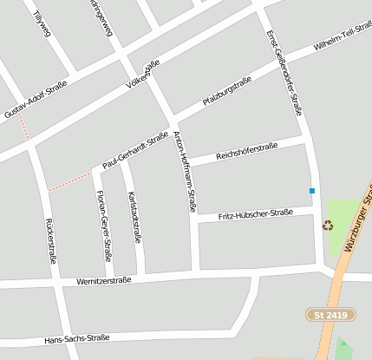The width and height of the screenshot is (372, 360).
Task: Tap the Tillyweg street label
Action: pyautogui.click(x=40, y=24)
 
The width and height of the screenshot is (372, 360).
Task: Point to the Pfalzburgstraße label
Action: pyautogui.click(x=227, y=91)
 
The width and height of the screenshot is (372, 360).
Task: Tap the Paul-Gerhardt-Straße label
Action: pyautogui.click(x=134, y=149)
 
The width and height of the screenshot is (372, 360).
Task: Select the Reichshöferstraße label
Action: pyautogui.click(x=247, y=149)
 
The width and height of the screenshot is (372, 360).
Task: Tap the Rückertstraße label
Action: pyautogui.click(x=51, y=240)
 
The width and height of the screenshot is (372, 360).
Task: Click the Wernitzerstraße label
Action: pyautogui.click(x=103, y=280)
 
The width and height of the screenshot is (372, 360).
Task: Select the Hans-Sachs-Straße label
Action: pyautogui.click(x=77, y=338)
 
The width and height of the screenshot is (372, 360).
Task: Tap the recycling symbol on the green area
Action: pyautogui.click(x=328, y=225)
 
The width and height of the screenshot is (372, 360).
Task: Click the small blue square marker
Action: pyautogui.click(x=312, y=190)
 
